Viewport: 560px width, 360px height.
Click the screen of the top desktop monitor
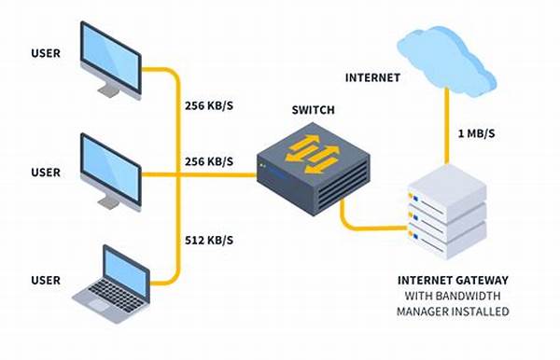(109, 55)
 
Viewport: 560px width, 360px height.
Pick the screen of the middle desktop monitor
(109, 165)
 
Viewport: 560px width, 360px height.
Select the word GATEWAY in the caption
(481, 278)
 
